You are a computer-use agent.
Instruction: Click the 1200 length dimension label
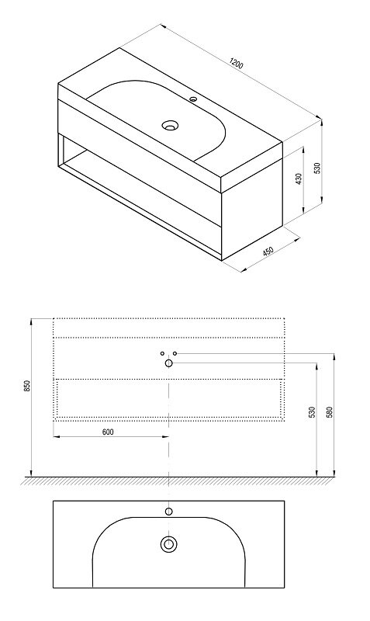236,64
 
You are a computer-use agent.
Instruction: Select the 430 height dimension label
299,179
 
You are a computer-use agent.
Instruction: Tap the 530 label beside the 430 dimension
317,168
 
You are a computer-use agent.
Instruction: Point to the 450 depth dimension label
268,252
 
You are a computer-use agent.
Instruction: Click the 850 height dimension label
27,386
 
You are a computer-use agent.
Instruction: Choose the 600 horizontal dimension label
108,432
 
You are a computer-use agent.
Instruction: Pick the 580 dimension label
330,412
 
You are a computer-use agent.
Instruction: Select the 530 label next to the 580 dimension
313,412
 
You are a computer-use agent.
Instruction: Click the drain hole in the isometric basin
170,126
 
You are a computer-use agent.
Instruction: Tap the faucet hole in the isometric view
193,99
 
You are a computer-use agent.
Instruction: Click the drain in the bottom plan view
168,544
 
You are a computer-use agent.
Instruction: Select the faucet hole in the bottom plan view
168,512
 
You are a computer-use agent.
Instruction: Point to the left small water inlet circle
162,353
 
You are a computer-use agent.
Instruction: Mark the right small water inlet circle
175,353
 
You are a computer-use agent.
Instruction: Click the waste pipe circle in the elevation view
168,363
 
